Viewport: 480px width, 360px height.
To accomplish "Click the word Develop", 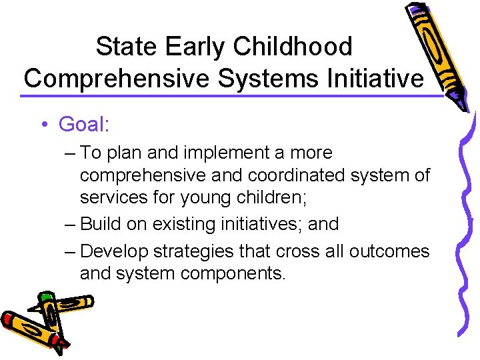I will click(114, 251).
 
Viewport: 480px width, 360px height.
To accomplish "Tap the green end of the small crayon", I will click(46, 297).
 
